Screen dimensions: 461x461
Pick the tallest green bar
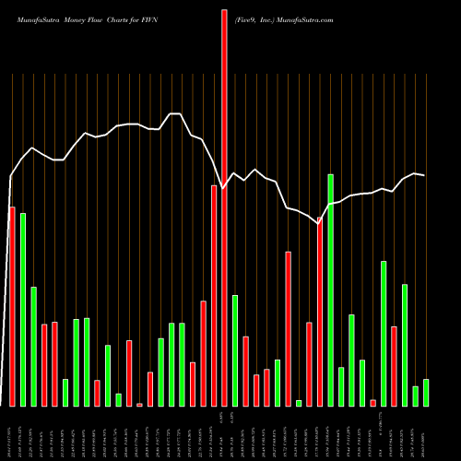(x=330, y=290)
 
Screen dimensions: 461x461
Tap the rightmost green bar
(x=426, y=393)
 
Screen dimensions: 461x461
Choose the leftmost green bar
(x=23, y=310)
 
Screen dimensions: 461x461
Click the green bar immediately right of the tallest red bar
(x=235, y=350)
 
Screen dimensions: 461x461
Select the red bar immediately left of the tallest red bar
(x=214, y=296)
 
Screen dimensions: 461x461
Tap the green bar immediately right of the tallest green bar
(x=341, y=386)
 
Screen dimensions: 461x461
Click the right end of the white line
(x=425, y=174)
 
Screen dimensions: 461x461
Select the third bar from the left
(x=33, y=347)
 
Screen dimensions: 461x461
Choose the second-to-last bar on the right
(x=415, y=396)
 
